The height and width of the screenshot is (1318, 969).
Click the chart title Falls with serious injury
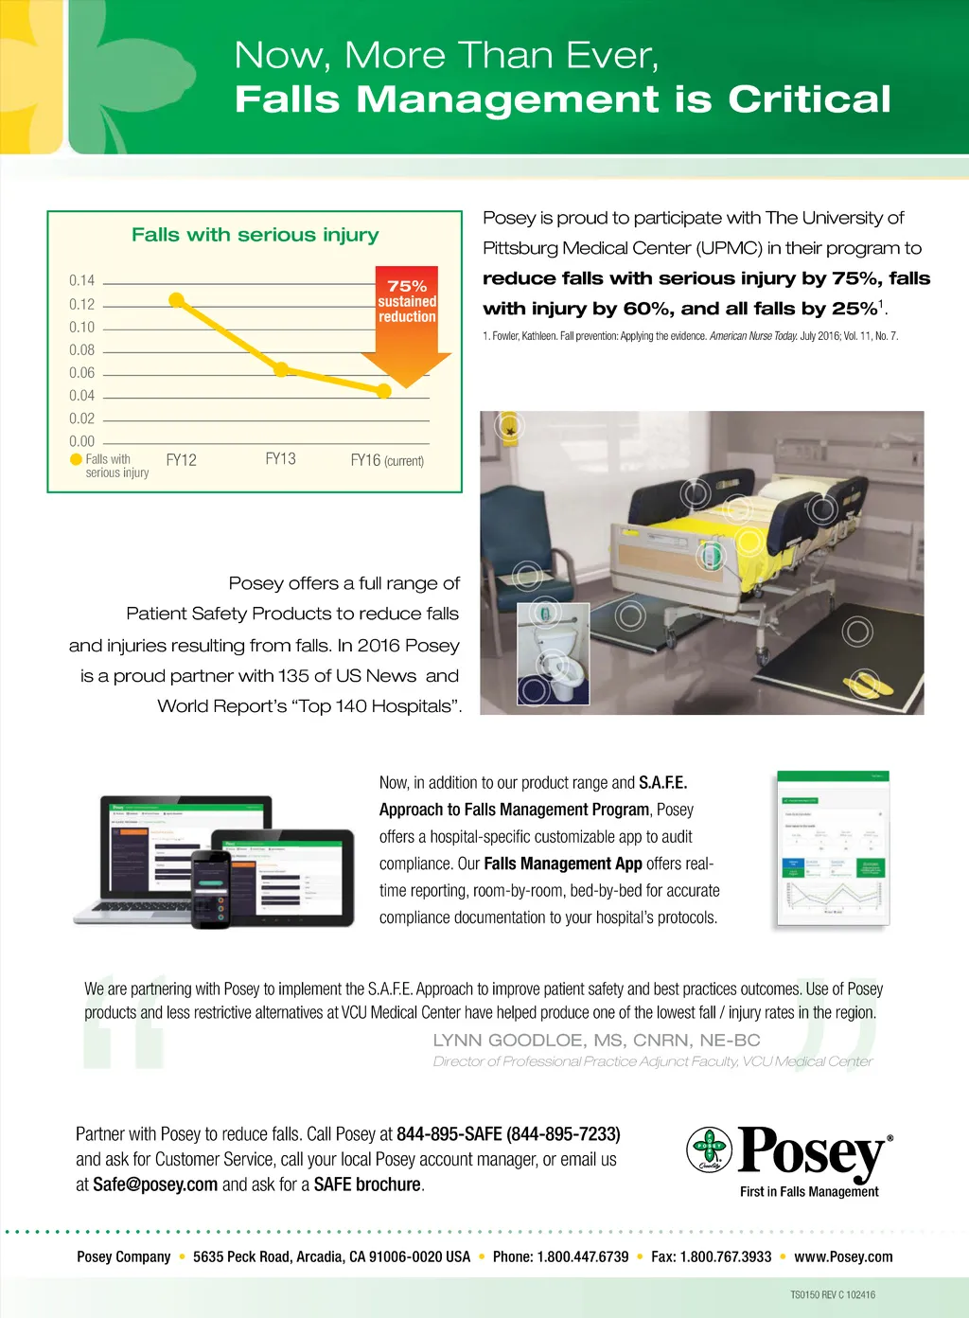[255, 235]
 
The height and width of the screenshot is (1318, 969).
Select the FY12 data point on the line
[177, 300]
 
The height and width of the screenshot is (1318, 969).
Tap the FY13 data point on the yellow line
[281, 369]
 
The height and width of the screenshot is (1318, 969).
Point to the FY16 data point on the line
[383, 390]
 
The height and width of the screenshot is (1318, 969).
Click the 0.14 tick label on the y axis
[82, 280]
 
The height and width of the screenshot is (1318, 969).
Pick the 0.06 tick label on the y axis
[82, 373]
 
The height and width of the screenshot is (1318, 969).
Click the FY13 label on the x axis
[280, 459]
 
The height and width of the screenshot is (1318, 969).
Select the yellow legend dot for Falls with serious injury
[77, 459]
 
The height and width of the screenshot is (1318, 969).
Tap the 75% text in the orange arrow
[407, 286]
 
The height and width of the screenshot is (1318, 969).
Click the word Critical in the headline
[809, 99]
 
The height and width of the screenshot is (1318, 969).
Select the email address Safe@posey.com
[155, 1184]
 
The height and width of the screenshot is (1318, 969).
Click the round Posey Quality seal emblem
[709, 1149]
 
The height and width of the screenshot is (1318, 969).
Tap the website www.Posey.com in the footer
[843, 1256]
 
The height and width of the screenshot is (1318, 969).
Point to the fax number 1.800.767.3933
[725, 1256]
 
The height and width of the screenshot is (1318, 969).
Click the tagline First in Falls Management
[809, 1192]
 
